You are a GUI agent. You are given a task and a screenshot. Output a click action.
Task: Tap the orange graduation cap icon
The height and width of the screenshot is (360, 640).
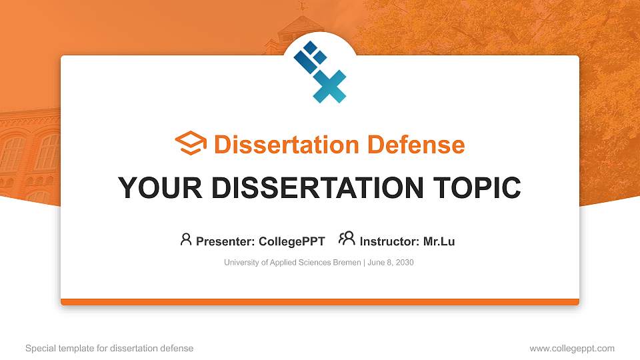[191, 144]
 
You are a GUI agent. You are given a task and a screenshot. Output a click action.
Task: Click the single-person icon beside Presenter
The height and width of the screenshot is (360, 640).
[186, 239]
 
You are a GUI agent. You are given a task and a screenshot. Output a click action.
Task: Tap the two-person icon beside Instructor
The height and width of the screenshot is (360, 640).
[347, 239]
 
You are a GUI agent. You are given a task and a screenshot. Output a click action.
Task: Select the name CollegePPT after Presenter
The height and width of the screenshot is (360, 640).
[293, 242]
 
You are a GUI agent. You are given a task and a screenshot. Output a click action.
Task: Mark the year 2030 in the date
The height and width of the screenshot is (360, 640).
[404, 263]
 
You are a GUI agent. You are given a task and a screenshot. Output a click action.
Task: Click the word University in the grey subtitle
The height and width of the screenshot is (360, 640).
[241, 263]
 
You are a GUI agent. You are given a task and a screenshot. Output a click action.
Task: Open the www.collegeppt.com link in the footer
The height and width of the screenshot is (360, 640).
[572, 348]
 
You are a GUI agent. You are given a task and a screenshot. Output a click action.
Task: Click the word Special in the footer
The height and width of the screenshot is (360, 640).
[39, 348]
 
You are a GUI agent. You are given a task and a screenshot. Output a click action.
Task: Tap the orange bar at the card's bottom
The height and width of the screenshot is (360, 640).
[320, 302]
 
